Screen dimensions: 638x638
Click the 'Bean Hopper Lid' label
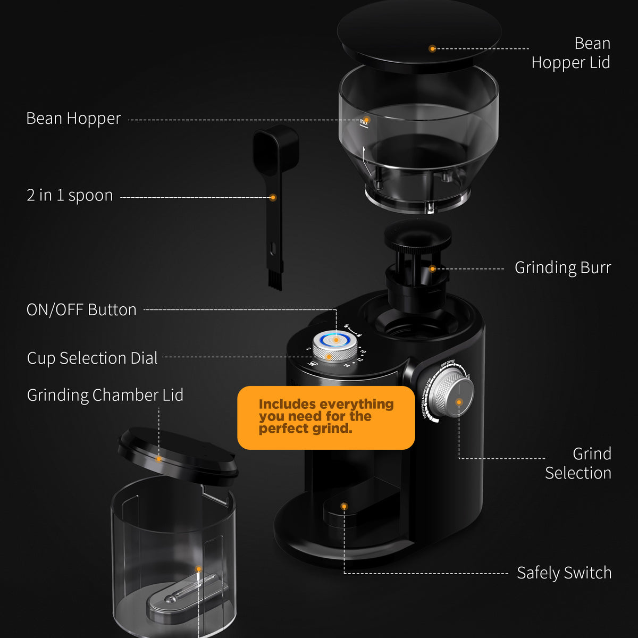570,53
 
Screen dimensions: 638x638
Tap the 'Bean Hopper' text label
73,119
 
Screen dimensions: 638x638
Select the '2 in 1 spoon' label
70,196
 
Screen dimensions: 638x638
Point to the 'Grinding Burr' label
563,267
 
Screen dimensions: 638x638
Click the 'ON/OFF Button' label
81,310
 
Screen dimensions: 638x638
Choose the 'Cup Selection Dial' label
92,358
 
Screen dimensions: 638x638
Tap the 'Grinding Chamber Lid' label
105,395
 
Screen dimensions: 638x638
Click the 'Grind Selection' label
578,463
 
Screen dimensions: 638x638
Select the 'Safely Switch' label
564,573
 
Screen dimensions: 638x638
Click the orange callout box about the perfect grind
326,417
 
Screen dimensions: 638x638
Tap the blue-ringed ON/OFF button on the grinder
335,339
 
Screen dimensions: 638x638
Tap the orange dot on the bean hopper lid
432,48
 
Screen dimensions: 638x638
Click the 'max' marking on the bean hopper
364,123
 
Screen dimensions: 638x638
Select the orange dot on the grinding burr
432,268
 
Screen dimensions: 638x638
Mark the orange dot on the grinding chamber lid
158,458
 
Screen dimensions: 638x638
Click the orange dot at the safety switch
344,506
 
